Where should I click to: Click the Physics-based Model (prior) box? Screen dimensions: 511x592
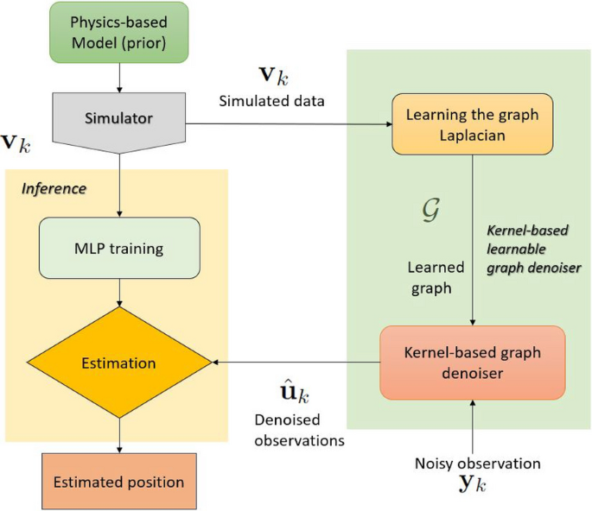tap(119, 34)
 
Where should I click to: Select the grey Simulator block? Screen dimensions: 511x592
tap(119, 117)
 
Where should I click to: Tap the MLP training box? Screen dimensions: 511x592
tap(119, 249)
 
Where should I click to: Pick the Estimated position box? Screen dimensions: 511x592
tap(118, 481)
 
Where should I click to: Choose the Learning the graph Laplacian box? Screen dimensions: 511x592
tap(471, 124)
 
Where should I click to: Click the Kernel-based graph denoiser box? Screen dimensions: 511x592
tap(471, 363)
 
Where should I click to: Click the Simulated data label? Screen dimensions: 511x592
tap(271, 101)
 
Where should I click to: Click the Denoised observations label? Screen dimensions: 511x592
tap(299, 429)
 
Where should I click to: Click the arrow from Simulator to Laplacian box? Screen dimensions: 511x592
tap(285, 124)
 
